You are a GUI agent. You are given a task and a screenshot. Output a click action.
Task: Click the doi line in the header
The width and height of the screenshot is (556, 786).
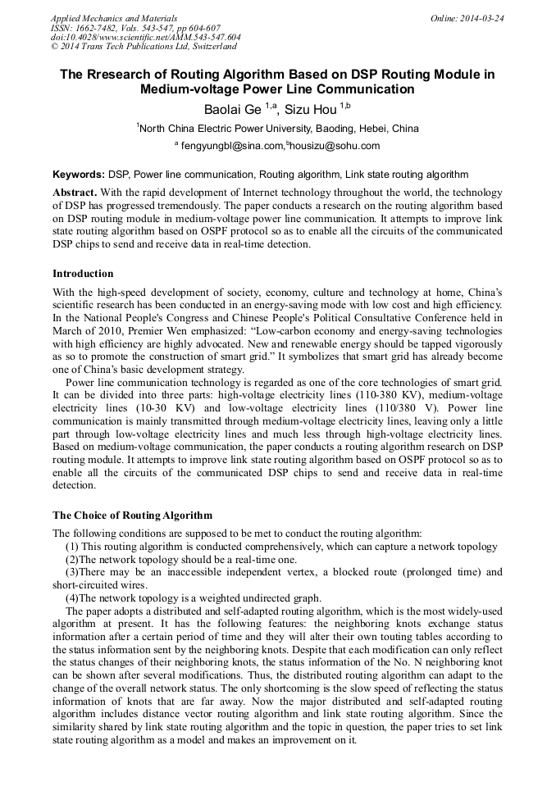[146, 38]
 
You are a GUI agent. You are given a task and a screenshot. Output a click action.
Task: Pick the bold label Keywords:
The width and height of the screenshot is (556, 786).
[79, 175]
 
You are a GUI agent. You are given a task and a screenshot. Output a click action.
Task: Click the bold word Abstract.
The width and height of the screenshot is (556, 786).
[75, 191]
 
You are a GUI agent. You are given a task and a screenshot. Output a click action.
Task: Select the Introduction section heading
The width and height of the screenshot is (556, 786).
[83, 274]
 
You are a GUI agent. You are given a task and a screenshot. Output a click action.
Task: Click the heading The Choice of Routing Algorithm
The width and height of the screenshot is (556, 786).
[132, 516]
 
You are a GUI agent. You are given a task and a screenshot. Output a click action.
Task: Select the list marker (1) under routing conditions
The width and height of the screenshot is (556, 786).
[72, 545]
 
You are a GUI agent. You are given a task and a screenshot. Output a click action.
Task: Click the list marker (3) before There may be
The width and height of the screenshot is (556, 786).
[72, 571]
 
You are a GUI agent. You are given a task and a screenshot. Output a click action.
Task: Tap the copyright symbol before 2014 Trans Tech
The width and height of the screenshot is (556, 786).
[55, 48]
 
